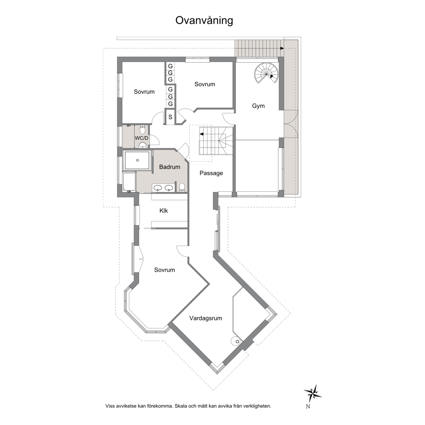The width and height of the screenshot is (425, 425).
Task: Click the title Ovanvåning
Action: click(204, 21)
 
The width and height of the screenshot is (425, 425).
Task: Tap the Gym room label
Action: click(258, 106)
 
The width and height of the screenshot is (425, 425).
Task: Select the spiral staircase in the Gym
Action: click(266, 73)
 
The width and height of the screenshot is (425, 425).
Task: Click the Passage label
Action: click(211, 173)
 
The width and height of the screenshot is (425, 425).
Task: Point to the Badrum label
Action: click(170, 167)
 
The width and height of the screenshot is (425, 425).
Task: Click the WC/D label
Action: click(142, 138)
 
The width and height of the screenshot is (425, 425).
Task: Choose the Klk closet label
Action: click(164, 211)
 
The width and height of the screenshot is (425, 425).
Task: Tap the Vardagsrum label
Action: click(206, 318)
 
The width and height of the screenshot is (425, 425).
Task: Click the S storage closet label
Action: click(170, 117)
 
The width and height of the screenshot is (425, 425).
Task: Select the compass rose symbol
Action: click(312, 393)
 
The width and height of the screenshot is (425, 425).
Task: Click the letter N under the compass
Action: click(308, 407)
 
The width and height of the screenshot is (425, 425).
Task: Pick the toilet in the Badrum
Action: click(182, 187)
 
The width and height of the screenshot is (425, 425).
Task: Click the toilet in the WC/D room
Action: click(142, 128)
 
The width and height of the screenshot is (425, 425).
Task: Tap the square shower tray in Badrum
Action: click(137, 160)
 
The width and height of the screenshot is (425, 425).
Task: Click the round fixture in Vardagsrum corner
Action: click(235, 341)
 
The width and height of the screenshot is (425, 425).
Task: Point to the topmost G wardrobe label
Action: click(170, 66)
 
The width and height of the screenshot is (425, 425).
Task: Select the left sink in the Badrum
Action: click(158, 187)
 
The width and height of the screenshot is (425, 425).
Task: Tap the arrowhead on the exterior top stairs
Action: click(282, 49)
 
